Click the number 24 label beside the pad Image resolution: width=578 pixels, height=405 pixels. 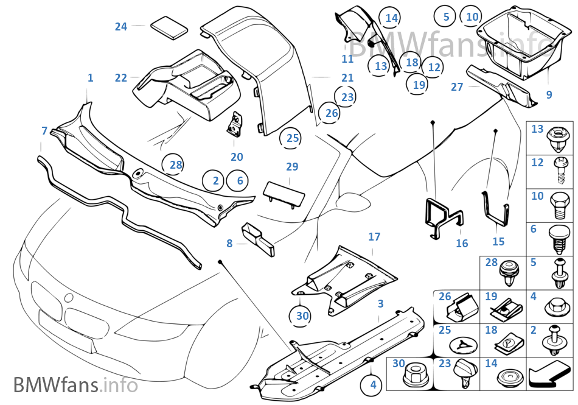pyautogui.click(x=121, y=27)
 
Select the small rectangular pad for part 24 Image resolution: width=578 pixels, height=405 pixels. pyautogui.click(x=170, y=27)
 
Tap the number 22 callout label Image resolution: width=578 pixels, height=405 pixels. pyautogui.click(x=121, y=78)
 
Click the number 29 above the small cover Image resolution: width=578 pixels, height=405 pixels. pyautogui.click(x=292, y=167)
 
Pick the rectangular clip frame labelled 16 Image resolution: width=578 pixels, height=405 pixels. pyautogui.click(x=443, y=216)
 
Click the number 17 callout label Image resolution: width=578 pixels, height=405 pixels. pyautogui.click(x=374, y=237)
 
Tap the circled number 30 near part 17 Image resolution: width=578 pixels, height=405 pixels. pyautogui.click(x=302, y=315)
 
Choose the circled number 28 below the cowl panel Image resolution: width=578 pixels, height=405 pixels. pyautogui.click(x=176, y=165)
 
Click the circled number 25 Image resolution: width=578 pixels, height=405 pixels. pyautogui.click(x=293, y=138)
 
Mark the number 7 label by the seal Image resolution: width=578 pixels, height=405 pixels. pyautogui.click(x=44, y=131)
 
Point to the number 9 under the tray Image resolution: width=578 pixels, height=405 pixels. pyautogui.click(x=549, y=94)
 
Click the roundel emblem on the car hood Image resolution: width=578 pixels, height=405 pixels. pyautogui.click(x=68, y=298)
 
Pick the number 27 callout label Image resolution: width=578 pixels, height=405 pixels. pyautogui.click(x=457, y=86)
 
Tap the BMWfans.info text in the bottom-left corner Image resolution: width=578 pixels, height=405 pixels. pyautogui.click(x=75, y=385)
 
